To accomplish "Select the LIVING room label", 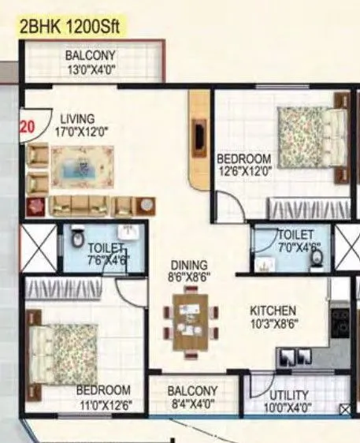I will click(x=76, y=119).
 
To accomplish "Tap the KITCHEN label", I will click(x=273, y=310).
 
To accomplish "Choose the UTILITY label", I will click(x=288, y=395).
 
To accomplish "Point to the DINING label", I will click(x=191, y=265).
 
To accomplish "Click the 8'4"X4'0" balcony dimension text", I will click(x=192, y=405).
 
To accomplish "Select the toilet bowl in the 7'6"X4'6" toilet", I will click(x=77, y=238).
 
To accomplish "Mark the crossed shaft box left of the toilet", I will click(x=38, y=249).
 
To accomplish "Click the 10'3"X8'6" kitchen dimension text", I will click(x=273, y=323).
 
